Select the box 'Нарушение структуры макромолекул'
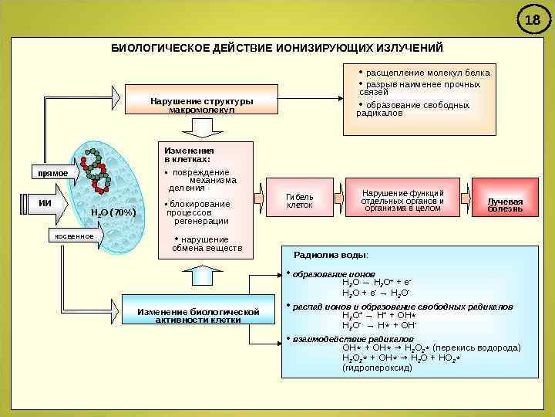coord(202,106)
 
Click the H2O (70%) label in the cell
coord(113,212)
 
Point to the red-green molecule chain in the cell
coord(97,170)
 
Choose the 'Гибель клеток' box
coord(300,201)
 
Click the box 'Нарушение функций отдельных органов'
coord(402,200)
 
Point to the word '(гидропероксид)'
coord(377,368)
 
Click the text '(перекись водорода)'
coord(479,348)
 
